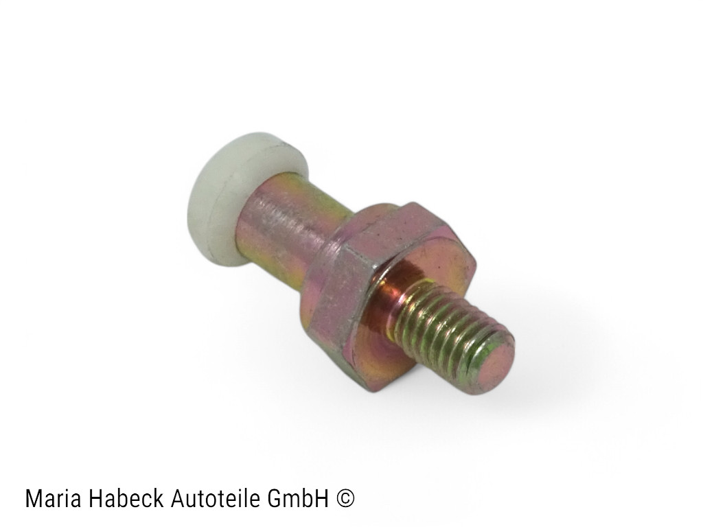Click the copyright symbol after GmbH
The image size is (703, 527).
[345, 499]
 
